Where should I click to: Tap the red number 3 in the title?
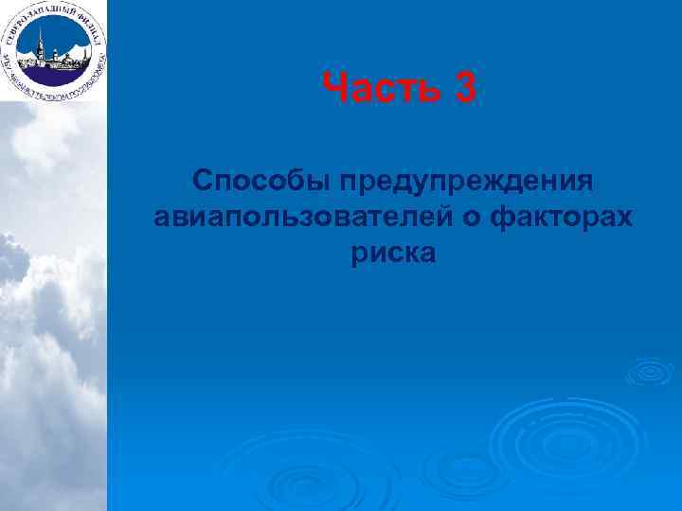pyautogui.click(x=465, y=92)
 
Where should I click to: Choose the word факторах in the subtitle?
pyautogui.click(x=563, y=218)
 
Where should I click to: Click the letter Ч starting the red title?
pyautogui.click(x=333, y=92)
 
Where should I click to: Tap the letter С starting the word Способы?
pyautogui.click(x=202, y=181)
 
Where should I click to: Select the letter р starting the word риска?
pyautogui.click(x=358, y=255)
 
